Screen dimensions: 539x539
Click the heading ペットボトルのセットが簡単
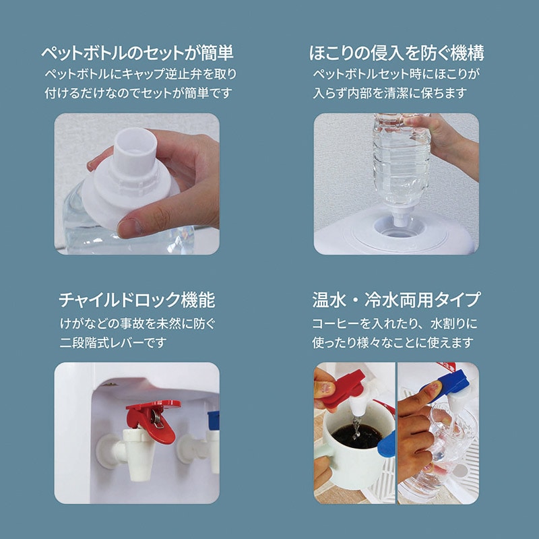click(137, 53)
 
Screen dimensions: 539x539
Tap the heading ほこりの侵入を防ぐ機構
click(396, 53)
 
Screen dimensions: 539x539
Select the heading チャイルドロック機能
click(137, 300)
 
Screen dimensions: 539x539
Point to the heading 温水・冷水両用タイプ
click(396, 300)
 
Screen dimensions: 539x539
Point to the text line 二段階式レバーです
click(113, 343)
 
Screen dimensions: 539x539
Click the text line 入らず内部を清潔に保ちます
click(390, 93)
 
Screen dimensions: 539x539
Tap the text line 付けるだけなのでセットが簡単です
click(139, 93)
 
